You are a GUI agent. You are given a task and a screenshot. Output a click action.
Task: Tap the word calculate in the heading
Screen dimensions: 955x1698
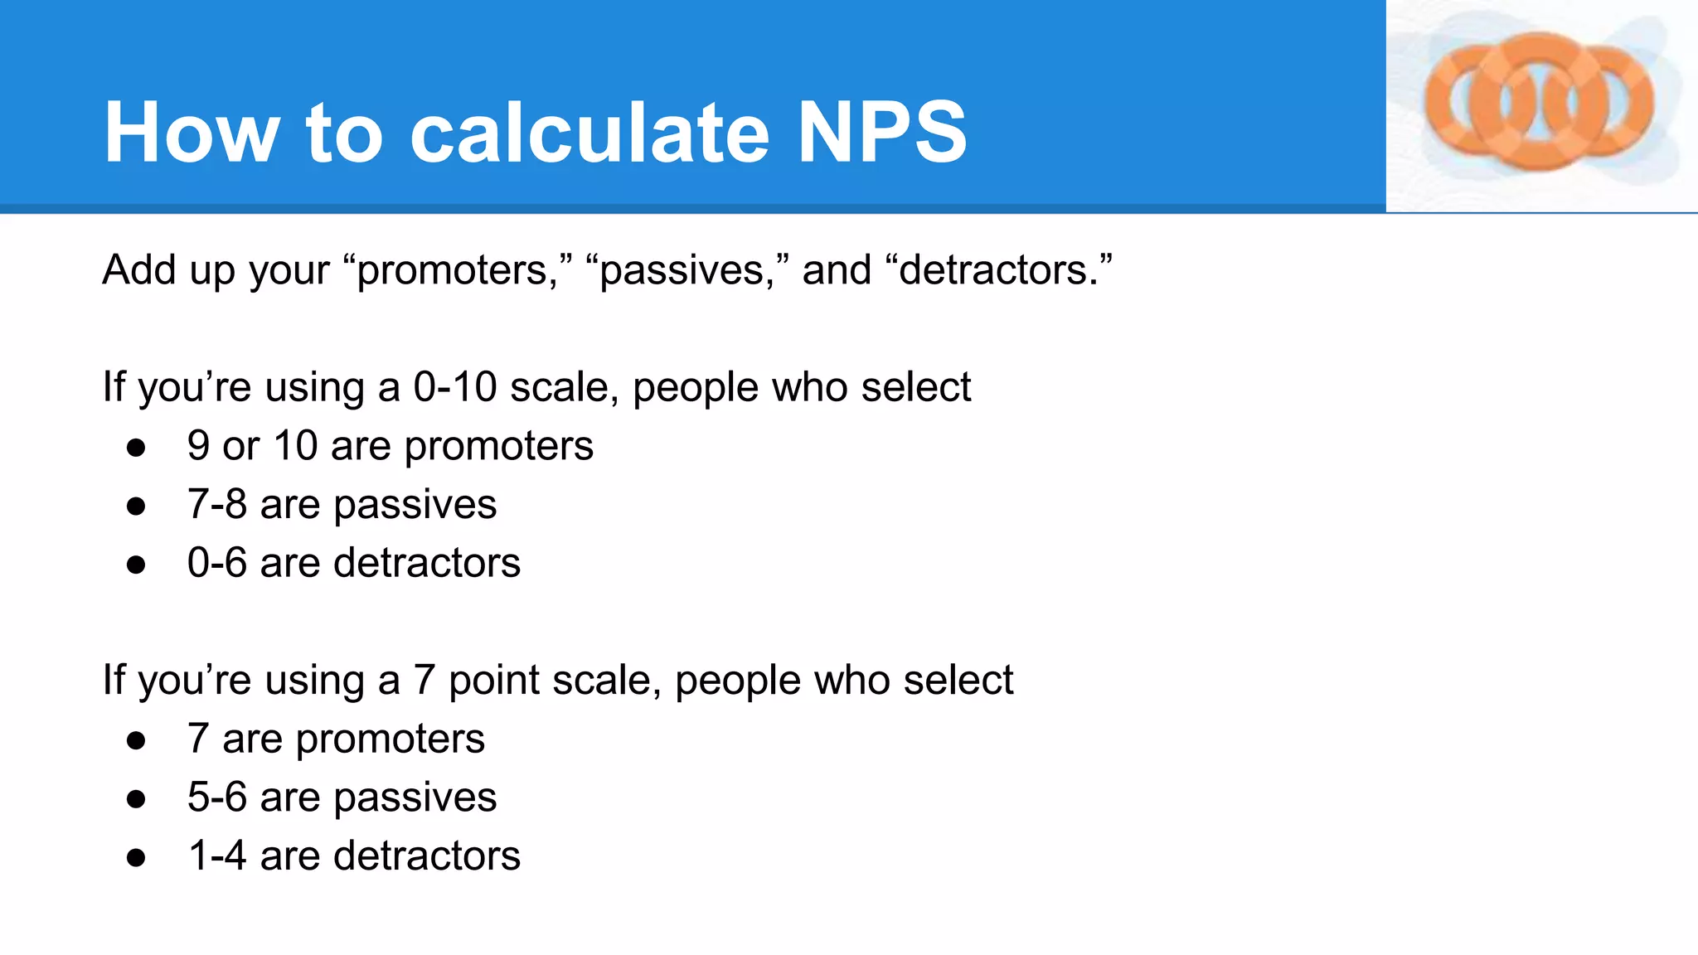(x=589, y=133)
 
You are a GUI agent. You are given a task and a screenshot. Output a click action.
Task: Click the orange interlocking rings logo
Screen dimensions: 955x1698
(x=1539, y=103)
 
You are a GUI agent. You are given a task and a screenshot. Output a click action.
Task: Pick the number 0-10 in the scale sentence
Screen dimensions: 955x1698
(x=455, y=387)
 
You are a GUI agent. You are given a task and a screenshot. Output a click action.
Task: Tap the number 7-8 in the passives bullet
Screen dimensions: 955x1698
(x=217, y=504)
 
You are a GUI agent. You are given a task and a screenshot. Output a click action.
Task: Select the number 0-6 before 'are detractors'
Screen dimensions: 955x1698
(x=217, y=563)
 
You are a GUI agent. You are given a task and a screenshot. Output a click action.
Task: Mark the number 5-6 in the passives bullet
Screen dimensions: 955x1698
(x=217, y=797)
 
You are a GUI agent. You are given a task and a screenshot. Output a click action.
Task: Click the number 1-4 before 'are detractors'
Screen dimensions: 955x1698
(x=217, y=856)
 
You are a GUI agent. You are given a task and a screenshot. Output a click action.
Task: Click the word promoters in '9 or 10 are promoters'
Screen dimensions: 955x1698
(x=499, y=447)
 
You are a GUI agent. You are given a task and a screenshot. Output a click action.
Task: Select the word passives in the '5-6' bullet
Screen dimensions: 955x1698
(x=415, y=798)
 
